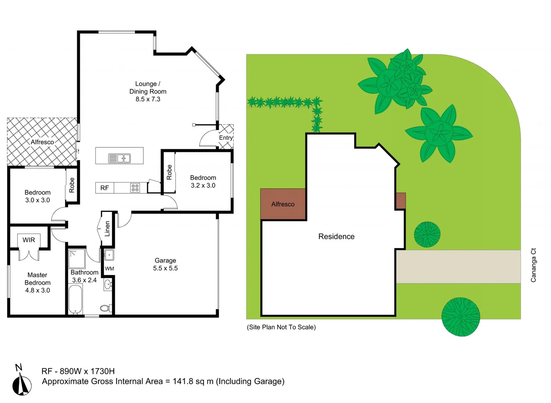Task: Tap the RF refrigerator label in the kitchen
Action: (x=104, y=188)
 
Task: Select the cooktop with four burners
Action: (x=135, y=188)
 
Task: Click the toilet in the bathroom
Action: (x=105, y=308)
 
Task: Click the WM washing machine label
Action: (x=109, y=269)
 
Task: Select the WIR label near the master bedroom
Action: (x=29, y=240)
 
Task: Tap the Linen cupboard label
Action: (x=107, y=229)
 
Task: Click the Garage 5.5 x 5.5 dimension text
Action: (x=165, y=268)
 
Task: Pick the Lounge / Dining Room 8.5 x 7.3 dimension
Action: (x=148, y=99)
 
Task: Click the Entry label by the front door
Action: (x=226, y=138)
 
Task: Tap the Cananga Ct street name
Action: (x=533, y=265)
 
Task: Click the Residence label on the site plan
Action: (x=336, y=237)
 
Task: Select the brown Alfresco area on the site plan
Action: (x=283, y=204)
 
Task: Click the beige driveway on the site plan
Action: (x=458, y=266)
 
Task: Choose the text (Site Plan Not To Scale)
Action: (x=281, y=327)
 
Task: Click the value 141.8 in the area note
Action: (x=183, y=381)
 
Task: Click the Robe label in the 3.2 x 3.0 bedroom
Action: (x=169, y=172)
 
